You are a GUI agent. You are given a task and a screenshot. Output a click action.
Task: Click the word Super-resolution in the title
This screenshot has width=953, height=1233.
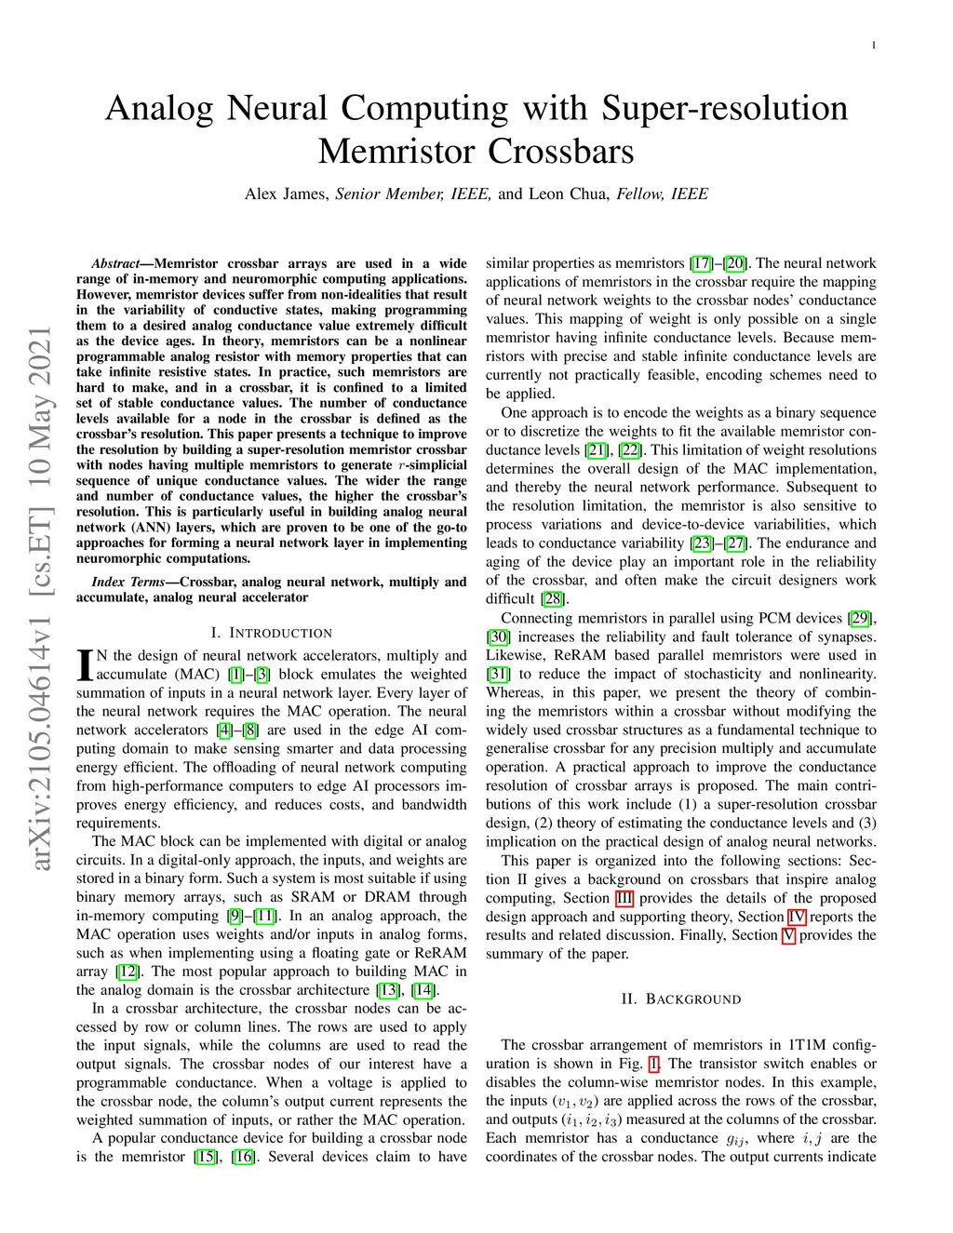coord(724,109)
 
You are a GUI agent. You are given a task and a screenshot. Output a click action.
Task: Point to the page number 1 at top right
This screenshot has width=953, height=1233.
coord(875,45)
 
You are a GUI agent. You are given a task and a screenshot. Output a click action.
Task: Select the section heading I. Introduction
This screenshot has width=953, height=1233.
coord(271,633)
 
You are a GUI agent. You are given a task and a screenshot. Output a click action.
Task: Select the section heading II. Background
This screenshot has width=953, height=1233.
coord(681,998)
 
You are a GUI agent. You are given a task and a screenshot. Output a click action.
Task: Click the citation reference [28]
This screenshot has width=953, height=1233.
coord(553,598)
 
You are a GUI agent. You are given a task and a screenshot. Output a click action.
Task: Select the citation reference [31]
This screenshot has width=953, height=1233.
coord(498,674)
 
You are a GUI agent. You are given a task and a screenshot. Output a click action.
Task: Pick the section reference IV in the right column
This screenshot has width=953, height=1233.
coord(797,917)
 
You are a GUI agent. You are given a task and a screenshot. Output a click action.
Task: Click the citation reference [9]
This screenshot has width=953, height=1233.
coord(236,916)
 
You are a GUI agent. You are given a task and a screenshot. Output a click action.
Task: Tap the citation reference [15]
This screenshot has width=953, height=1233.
coord(205,1157)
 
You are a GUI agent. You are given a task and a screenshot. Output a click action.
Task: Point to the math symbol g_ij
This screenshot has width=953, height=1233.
coord(735,1139)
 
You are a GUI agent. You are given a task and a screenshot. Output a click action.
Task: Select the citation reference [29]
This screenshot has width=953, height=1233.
coord(860,618)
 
